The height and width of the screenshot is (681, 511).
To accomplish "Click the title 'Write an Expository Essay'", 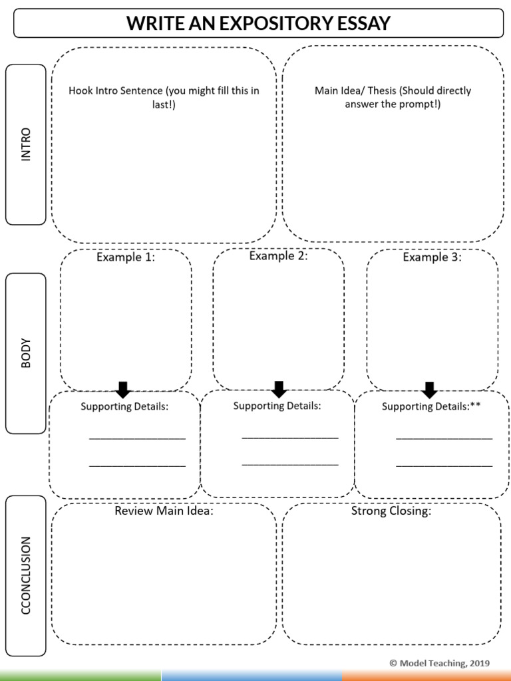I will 258,24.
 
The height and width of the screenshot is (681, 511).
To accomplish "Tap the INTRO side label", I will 26,144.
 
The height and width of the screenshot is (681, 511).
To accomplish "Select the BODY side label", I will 26,353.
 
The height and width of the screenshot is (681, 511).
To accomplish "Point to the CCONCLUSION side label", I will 26,575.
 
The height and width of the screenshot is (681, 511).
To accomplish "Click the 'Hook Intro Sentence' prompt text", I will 164,97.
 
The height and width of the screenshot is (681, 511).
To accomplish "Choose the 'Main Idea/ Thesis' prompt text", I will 393,97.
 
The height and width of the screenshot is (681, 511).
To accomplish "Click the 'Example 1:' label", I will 126,257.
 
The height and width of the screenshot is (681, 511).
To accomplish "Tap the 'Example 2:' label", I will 278,256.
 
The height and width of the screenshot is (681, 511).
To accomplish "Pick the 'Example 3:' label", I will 432,257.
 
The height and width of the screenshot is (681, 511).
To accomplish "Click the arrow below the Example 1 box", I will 122,390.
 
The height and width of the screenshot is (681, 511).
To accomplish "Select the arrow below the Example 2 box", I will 279,389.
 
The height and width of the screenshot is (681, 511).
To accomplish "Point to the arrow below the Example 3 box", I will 429,390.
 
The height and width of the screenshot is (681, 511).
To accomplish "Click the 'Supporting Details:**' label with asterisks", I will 431,406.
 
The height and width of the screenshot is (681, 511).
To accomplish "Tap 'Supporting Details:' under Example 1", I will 124,406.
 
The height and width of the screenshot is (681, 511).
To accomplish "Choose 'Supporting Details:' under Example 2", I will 277,406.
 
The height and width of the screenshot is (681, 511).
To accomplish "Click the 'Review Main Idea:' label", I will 164,511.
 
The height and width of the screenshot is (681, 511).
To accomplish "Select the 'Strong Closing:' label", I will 391,511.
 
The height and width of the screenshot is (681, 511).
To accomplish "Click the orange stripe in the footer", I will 426,676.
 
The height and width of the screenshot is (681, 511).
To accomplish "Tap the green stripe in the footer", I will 80,676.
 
